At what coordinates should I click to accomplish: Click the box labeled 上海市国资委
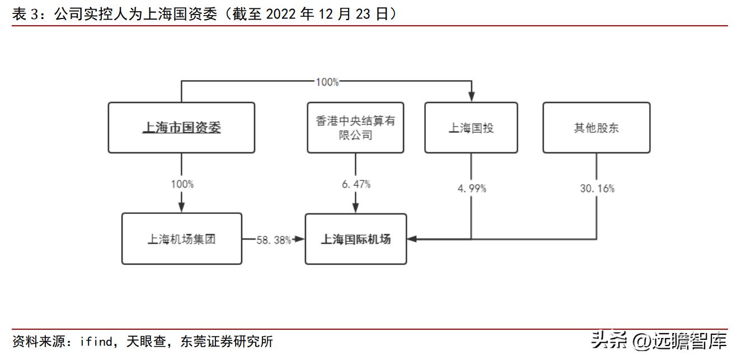coord(181,128)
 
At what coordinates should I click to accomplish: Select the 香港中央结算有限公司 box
coord(355,128)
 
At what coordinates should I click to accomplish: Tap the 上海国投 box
coord(471,128)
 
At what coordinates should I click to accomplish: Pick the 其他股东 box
coord(597,128)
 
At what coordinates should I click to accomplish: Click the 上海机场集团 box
coord(181,239)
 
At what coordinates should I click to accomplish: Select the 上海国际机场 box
coord(355,239)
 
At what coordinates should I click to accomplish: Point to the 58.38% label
coord(274,240)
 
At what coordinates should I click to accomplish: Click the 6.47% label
coord(356,184)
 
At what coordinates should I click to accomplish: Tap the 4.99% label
coord(471,188)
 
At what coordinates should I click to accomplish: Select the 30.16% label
coord(597,188)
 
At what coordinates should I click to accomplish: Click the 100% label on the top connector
coord(327,82)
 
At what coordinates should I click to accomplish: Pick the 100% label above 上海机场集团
coord(182,184)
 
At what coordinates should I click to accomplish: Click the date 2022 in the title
coord(279,14)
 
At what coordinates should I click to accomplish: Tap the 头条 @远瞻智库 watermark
coord(659,340)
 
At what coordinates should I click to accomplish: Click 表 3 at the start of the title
coord(26,14)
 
